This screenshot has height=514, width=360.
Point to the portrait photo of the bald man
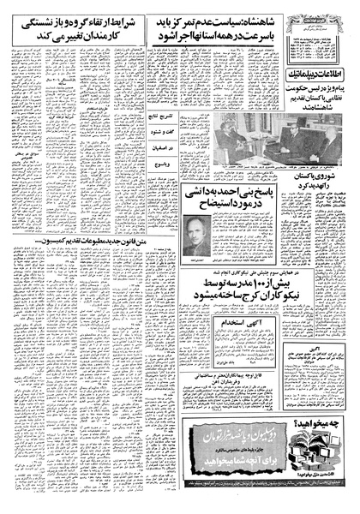tap(195, 234)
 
